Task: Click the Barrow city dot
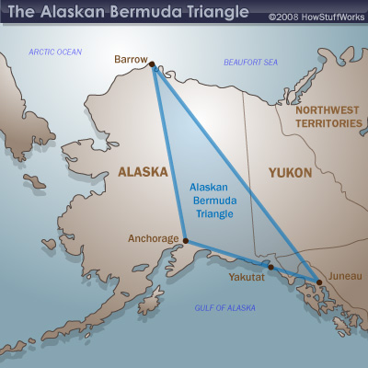coord(151,64)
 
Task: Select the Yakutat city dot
coord(270,268)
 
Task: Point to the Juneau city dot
coord(318,282)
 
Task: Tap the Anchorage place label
coord(154,239)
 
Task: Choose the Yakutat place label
coord(247,275)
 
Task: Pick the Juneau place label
coord(343,275)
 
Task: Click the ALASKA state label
coord(143,171)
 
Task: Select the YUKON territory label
coord(289,172)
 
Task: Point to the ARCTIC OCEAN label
coord(55,52)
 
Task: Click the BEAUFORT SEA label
coord(251,62)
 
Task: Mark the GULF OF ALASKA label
coord(225,307)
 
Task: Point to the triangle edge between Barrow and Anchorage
coord(169,156)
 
